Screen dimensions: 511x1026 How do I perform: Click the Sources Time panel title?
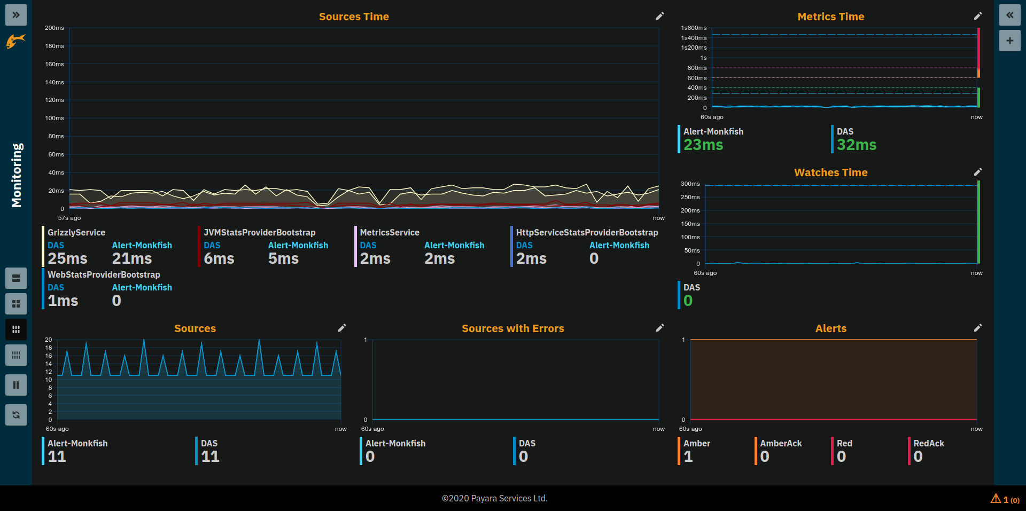tap(354, 17)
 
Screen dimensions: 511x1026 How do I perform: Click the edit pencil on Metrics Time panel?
tap(977, 16)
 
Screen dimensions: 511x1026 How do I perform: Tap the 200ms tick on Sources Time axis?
tap(55, 28)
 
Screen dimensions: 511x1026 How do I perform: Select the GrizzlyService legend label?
tap(76, 232)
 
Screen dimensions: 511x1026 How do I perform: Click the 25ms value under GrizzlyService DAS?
tap(67, 258)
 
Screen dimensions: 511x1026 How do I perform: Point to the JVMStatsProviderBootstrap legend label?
tap(259, 232)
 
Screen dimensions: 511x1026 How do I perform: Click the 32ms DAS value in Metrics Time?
tap(856, 145)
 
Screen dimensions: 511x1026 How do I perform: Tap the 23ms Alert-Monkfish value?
tap(703, 145)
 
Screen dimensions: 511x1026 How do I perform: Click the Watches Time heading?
tap(830, 172)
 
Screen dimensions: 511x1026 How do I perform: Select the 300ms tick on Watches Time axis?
tap(690, 184)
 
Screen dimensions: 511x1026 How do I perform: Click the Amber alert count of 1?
tap(688, 457)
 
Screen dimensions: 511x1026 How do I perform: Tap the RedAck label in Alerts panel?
tap(928, 443)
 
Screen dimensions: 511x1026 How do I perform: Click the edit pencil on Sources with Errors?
tap(660, 328)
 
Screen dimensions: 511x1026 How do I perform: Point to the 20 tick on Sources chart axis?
tap(49, 340)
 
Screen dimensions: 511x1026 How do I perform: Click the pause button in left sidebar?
tap(16, 385)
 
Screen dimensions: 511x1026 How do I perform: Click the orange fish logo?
tap(15, 41)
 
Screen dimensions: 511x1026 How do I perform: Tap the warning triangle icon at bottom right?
tap(996, 499)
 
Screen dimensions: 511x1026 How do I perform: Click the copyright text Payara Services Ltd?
tap(494, 498)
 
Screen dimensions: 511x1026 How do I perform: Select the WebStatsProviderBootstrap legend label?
tap(104, 274)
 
